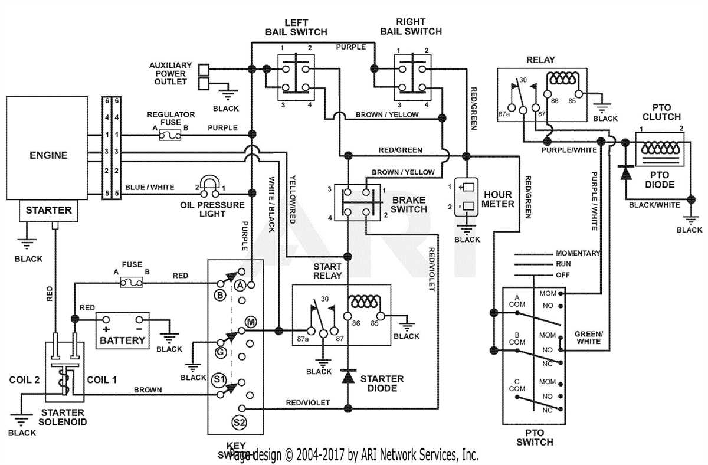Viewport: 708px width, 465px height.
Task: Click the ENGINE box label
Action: [49, 156]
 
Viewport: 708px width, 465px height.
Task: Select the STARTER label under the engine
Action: [49, 210]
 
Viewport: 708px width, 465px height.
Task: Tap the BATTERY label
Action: [122, 340]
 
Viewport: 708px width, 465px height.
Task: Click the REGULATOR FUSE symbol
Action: [171, 136]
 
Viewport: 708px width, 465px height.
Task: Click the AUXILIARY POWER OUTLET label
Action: [171, 73]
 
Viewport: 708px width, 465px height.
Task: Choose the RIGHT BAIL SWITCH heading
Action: [411, 27]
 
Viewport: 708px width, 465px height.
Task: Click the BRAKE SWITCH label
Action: [409, 205]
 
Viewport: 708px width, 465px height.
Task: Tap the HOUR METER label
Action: [499, 199]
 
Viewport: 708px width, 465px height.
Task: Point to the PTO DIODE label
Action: [659, 179]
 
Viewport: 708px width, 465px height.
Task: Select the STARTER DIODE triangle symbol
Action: [348, 375]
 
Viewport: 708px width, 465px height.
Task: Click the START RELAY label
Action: [327, 271]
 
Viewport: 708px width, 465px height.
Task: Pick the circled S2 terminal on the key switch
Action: [239, 422]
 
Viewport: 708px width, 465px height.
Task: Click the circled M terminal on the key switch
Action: [250, 322]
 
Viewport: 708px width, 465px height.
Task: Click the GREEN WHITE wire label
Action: [588, 338]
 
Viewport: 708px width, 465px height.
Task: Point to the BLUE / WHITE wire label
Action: [149, 188]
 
